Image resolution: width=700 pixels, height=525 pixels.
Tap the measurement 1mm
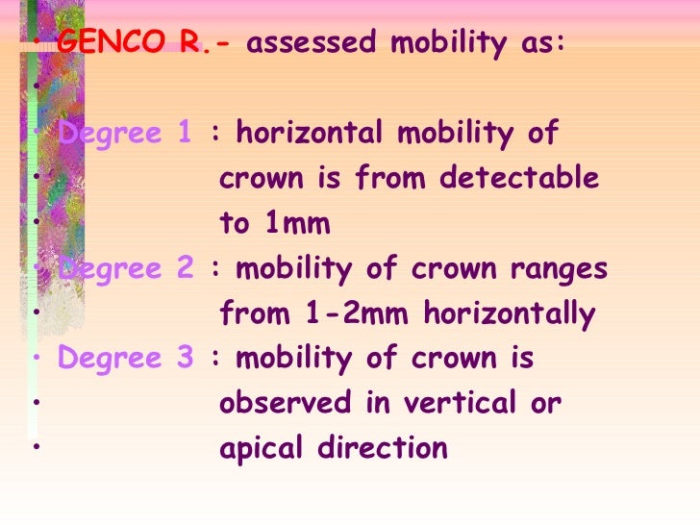[x=292, y=224]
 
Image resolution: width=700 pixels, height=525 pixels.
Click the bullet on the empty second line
[x=34, y=87]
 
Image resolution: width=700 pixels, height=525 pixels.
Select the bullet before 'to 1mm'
[x=34, y=224]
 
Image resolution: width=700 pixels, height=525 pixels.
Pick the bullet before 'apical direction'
[x=34, y=447]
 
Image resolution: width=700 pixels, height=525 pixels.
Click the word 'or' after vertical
[x=544, y=405]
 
